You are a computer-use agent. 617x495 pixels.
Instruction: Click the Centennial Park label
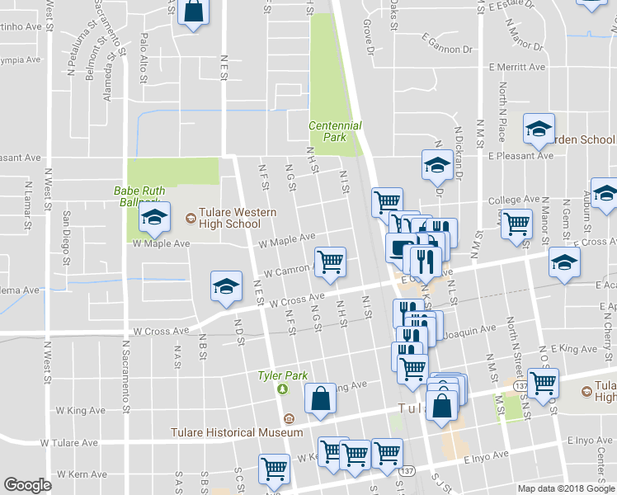[335, 131]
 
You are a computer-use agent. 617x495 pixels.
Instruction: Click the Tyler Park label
[282, 375]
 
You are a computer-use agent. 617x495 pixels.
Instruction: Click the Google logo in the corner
[27, 485]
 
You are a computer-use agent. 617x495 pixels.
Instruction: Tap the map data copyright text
[567, 488]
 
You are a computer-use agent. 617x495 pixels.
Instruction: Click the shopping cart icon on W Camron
[330, 262]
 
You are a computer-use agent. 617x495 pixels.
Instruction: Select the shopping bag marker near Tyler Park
[319, 398]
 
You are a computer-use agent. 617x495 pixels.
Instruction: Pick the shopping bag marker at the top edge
[192, 12]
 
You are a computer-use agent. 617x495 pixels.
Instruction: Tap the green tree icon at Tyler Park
[282, 389]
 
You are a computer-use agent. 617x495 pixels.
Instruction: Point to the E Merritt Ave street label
[516, 68]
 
